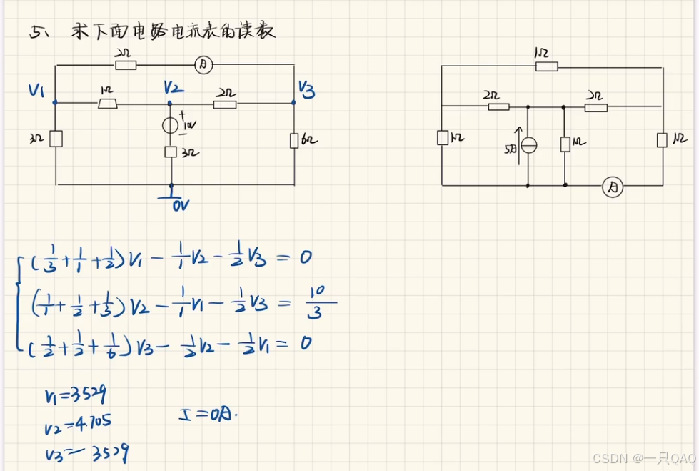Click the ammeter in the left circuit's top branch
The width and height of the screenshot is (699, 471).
pos(203,66)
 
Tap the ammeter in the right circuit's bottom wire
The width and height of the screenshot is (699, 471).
pos(612,187)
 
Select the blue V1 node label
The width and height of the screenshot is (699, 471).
pos(37,90)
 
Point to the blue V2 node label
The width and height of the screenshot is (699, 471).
pos(172,88)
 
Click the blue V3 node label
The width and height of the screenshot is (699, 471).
pos(306,89)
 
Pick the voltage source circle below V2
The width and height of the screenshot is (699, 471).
pos(171,126)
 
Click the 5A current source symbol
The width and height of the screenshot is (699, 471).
pos(528,145)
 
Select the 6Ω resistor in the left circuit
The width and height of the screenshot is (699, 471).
pos(293,140)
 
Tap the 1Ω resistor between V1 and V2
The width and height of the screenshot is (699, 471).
pos(108,104)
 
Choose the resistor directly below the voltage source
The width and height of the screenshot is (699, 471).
pos(171,152)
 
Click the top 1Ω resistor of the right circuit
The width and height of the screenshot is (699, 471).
pos(546,66)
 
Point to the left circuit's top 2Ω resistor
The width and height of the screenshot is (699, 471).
pos(126,66)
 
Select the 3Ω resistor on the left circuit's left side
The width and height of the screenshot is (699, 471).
pos(56,138)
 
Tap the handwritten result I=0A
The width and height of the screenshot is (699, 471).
pos(208,412)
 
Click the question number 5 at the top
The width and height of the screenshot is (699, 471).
pos(36,32)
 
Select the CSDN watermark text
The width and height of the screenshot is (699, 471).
pos(643,457)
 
